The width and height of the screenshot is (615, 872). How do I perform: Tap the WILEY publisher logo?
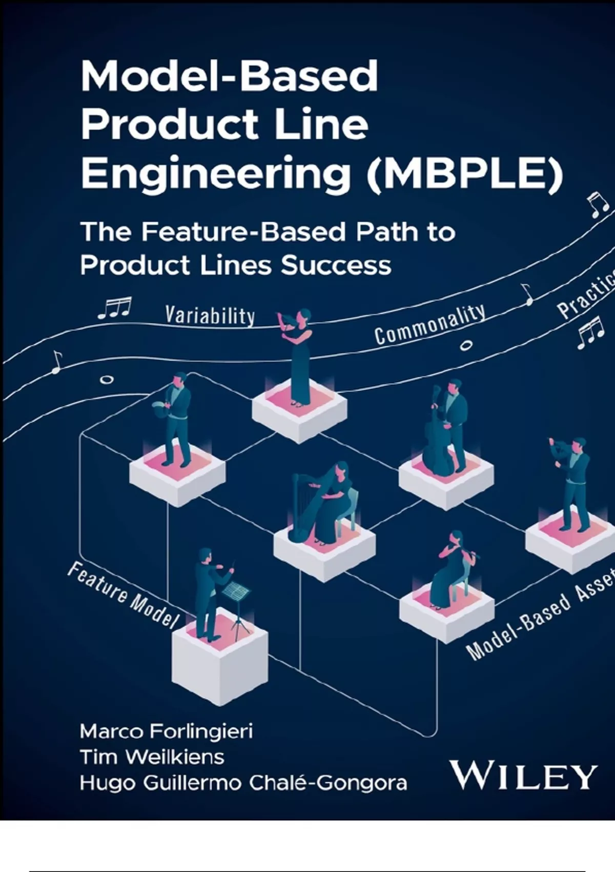pos(523,776)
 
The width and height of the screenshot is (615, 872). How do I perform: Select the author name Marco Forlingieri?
pos(166,731)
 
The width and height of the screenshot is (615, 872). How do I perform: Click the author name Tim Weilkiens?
pos(152,757)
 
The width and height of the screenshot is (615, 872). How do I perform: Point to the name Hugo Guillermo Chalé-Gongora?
pos(243,783)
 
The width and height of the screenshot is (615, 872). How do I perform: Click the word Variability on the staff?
pos(210,315)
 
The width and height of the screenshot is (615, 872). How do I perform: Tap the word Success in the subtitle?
pos(336,265)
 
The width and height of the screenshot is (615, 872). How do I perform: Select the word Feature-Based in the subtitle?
pos(243,232)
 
